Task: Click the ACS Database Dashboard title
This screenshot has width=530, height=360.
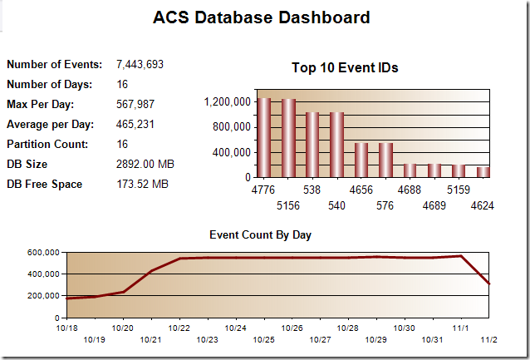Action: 262,17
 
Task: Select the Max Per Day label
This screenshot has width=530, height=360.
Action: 41,104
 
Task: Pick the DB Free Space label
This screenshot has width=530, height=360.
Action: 44,184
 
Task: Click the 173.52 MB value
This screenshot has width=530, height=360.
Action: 142,184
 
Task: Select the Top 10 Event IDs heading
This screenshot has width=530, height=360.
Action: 345,68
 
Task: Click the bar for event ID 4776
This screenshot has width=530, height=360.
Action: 264,137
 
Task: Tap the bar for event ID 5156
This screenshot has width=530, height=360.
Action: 288,138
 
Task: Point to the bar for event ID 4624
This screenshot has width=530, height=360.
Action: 483,171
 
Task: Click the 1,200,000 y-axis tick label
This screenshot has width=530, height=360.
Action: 227,102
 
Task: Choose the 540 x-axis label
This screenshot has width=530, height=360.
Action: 336,204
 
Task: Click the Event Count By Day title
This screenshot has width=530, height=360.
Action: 260,235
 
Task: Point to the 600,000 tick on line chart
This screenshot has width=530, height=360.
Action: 42,252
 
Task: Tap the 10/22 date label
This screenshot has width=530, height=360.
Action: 180,328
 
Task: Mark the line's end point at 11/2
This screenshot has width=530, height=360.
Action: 489,284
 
